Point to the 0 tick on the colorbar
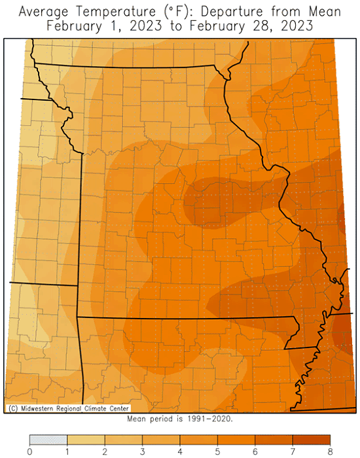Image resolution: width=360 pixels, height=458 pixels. (x=30, y=451)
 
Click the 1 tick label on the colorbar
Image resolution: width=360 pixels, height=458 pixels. (x=67, y=451)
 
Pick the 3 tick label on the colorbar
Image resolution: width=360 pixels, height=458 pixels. (x=143, y=451)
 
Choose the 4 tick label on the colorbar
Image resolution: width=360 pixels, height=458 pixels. (x=180, y=451)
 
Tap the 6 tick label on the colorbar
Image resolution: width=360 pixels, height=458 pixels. (x=255, y=451)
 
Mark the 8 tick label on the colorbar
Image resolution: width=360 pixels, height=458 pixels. (x=330, y=451)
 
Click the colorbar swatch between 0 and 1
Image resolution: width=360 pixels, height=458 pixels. (x=48, y=440)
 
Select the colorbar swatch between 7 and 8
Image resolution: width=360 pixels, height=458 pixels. (x=311, y=440)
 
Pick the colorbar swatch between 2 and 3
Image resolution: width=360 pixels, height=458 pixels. (x=124, y=440)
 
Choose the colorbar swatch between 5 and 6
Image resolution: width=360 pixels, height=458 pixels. (x=236, y=440)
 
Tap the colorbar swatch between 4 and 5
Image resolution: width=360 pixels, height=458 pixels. (x=199, y=440)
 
